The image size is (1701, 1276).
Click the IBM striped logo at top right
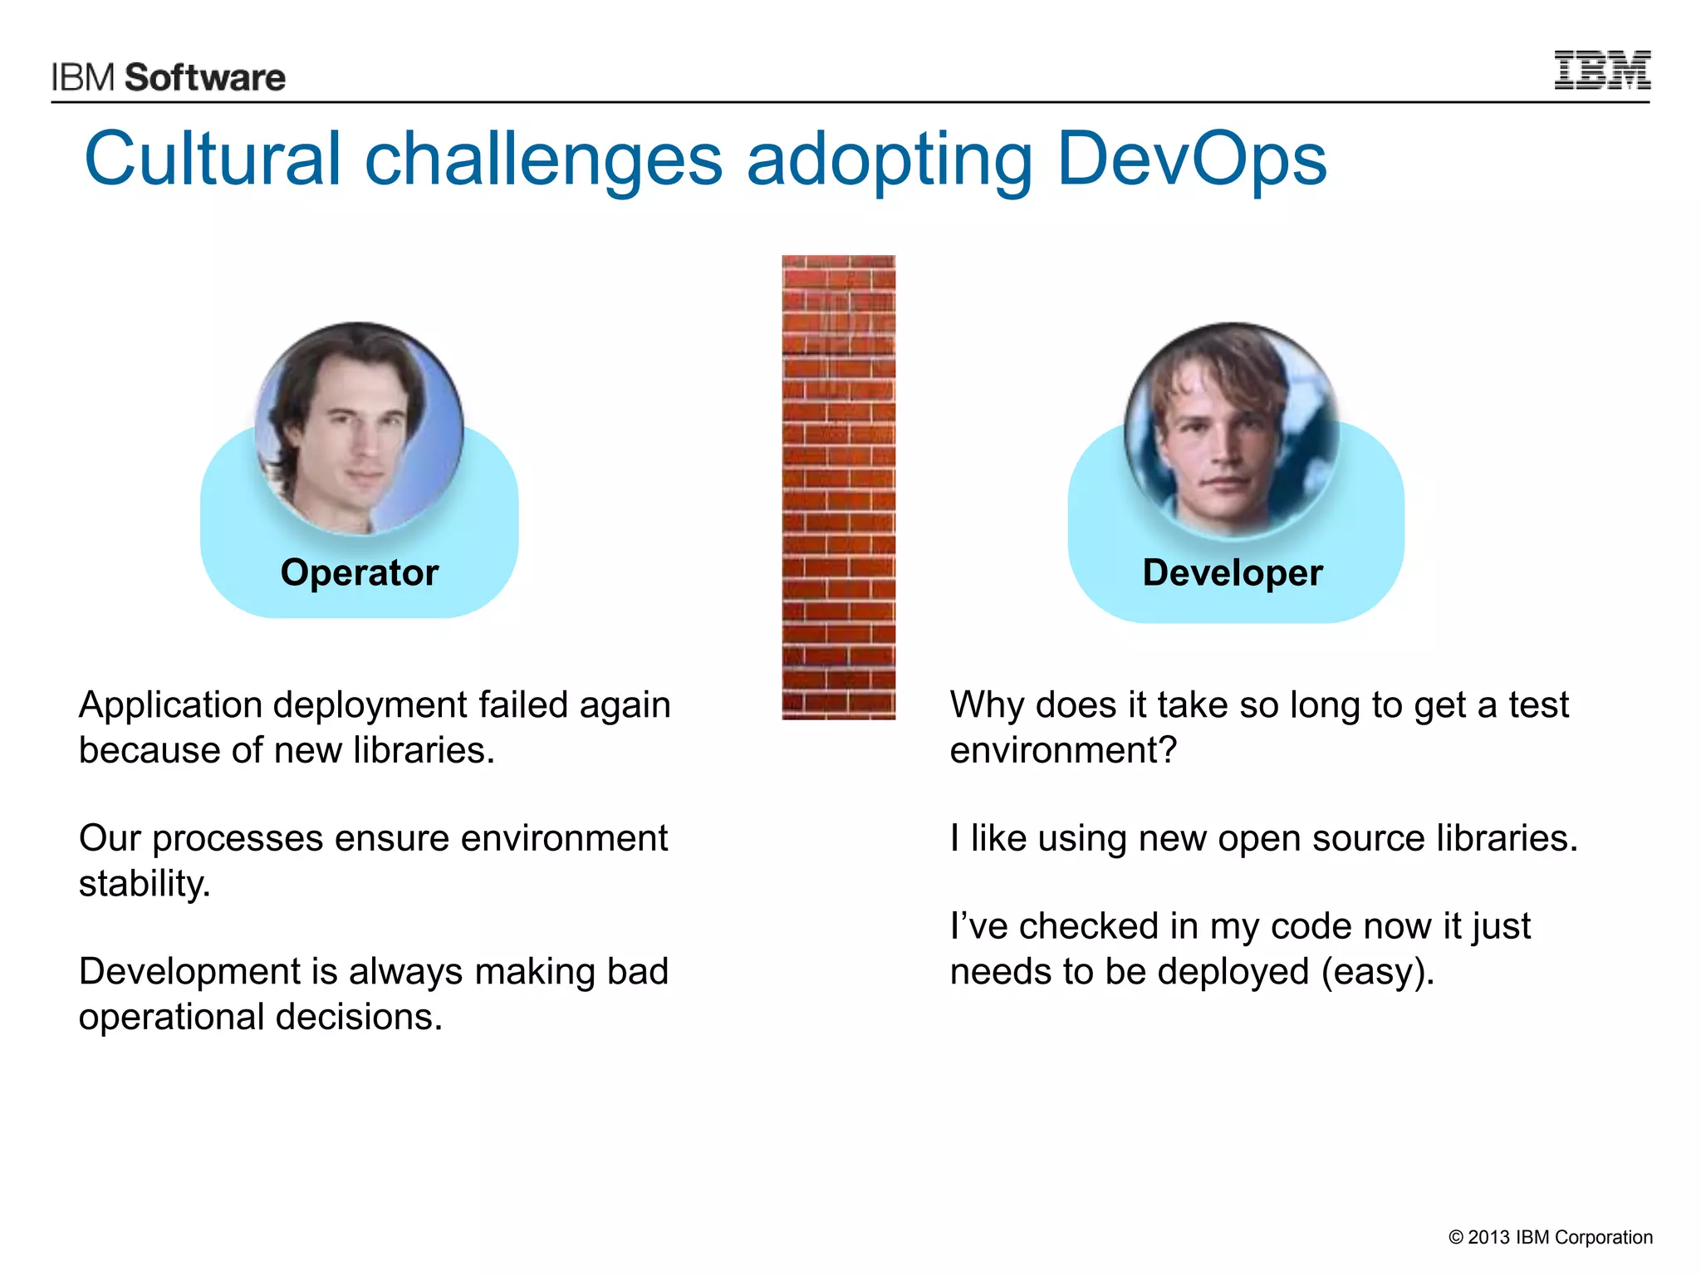[1602, 71]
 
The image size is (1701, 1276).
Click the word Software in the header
[205, 77]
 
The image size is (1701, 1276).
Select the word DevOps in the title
[1191, 159]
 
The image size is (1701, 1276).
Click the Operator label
[360, 572]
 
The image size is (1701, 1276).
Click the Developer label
[1233, 572]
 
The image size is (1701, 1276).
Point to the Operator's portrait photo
[359, 428]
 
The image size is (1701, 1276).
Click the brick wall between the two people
[838, 487]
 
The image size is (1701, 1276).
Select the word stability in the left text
[144, 884]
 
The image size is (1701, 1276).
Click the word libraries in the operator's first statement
[424, 750]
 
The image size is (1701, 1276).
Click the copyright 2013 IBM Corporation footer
[1550, 1237]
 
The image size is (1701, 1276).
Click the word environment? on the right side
[1063, 750]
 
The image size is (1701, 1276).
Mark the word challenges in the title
[543, 159]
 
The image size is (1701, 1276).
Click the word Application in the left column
[170, 705]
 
